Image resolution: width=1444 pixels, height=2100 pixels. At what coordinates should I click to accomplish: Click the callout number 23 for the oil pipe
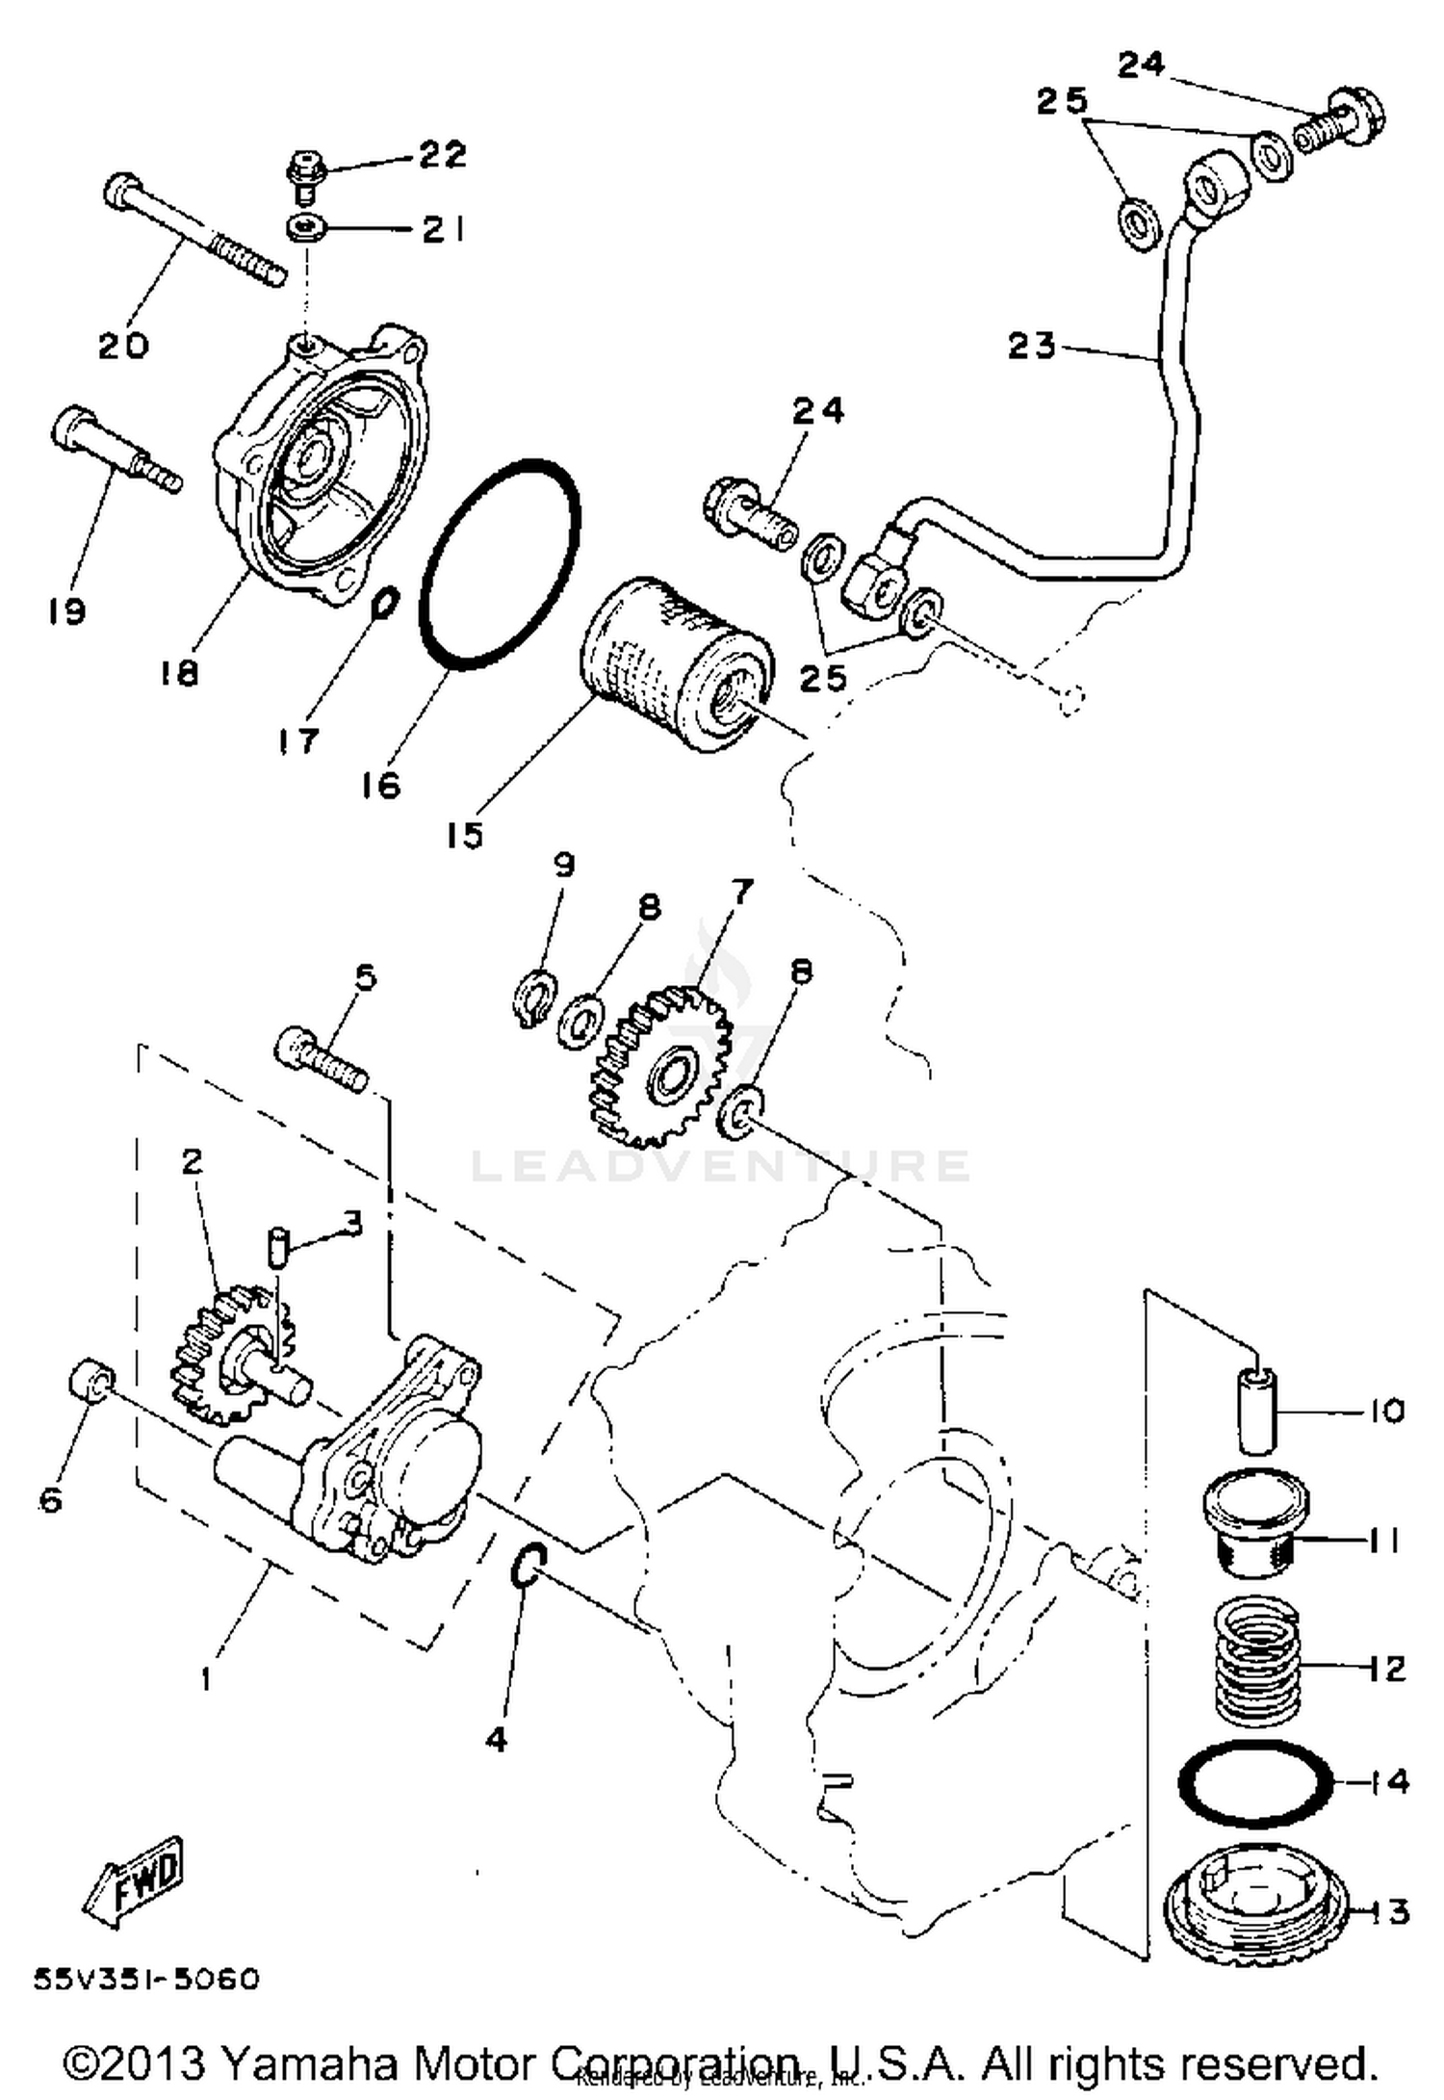coord(1032,345)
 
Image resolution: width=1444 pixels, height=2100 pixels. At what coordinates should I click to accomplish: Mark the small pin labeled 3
coord(277,1249)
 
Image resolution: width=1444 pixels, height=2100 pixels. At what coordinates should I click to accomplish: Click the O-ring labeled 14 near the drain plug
coord(1255,1783)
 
